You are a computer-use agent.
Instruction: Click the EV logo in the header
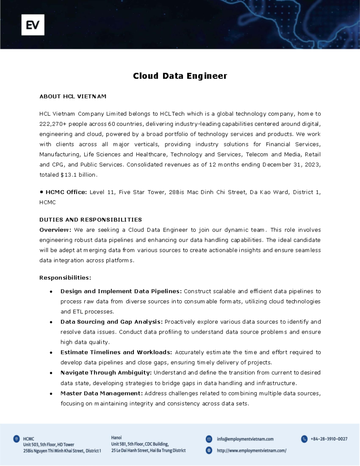click(x=33, y=25)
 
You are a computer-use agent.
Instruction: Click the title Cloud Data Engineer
click(x=180, y=76)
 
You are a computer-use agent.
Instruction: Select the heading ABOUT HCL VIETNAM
click(x=73, y=97)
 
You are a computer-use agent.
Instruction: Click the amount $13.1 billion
click(x=79, y=175)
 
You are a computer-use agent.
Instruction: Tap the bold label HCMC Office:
click(x=66, y=192)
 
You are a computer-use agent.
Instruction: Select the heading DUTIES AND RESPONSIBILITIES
click(x=91, y=220)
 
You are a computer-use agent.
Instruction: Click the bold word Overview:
click(x=55, y=230)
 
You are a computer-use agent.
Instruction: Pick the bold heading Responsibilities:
click(x=65, y=278)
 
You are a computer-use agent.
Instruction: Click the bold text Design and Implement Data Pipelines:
click(x=121, y=291)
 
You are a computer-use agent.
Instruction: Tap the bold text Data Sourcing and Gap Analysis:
click(x=112, y=322)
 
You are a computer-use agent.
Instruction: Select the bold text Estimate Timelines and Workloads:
click(x=116, y=352)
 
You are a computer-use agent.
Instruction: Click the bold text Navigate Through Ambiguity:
click(x=106, y=373)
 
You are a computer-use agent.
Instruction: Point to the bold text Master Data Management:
click(x=101, y=393)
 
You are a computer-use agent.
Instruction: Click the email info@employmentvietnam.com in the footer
click(x=245, y=439)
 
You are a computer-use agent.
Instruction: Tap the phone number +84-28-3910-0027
click(x=329, y=439)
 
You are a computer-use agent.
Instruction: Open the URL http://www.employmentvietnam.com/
click(x=251, y=450)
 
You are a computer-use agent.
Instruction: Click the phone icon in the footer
click(x=304, y=439)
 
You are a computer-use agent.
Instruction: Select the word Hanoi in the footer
click(x=116, y=437)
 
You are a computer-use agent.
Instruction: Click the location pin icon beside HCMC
click(x=16, y=439)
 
